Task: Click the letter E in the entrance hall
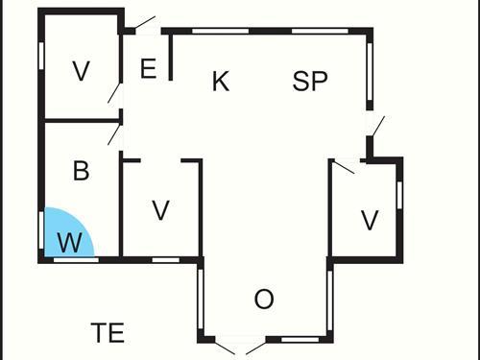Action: click(148, 69)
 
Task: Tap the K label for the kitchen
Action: click(221, 82)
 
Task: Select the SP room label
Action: click(310, 82)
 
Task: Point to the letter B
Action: click(82, 172)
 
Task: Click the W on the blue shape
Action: click(69, 243)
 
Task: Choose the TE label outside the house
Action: click(108, 333)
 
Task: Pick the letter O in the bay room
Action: click(264, 300)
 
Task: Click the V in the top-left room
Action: click(82, 70)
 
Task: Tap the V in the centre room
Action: click(161, 210)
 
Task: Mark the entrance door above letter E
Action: click(143, 24)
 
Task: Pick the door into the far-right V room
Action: click(344, 166)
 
